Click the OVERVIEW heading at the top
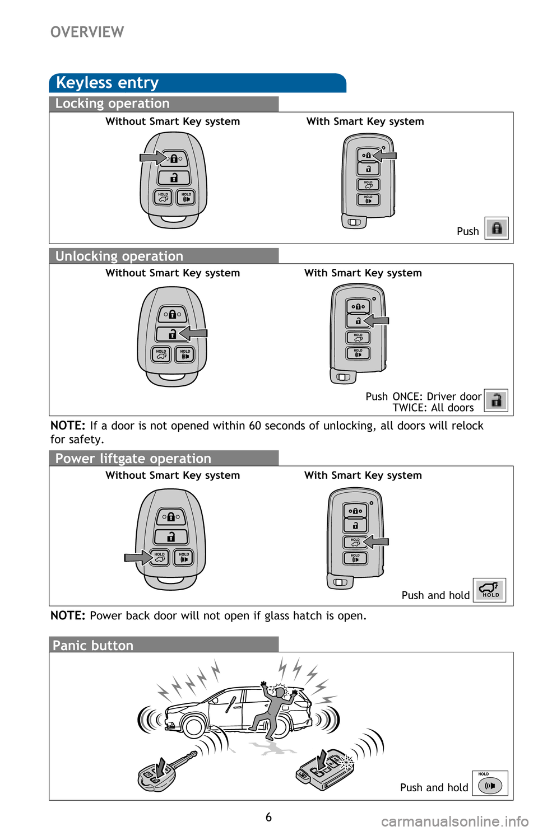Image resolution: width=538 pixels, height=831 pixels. click(x=87, y=32)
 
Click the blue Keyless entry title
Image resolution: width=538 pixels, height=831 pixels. click(x=108, y=83)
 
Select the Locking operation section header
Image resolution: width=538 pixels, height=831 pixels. click(x=112, y=104)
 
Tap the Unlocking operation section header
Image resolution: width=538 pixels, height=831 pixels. click(x=119, y=256)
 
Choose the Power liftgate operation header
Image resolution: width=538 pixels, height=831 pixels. click(x=133, y=459)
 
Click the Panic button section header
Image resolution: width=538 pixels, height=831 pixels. click(x=93, y=646)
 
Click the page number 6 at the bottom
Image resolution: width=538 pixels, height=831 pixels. click(x=268, y=817)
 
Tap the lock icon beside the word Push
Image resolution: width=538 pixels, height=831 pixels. click(x=497, y=228)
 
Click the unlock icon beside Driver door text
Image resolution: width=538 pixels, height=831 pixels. click(x=496, y=400)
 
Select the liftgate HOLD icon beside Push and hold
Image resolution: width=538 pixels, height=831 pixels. click(x=489, y=590)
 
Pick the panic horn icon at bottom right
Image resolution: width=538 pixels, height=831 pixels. click(x=490, y=785)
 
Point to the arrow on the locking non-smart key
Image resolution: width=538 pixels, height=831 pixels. click(x=152, y=158)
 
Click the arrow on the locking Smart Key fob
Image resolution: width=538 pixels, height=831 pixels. click(x=385, y=155)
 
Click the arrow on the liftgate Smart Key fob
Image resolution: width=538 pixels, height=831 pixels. click(x=377, y=541)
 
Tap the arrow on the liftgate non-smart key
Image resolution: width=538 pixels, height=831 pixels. click(x=138, y=557)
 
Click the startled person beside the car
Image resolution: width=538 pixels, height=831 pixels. click(x=276, y=707)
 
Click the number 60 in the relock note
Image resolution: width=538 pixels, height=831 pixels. click(x=255, y=426)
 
